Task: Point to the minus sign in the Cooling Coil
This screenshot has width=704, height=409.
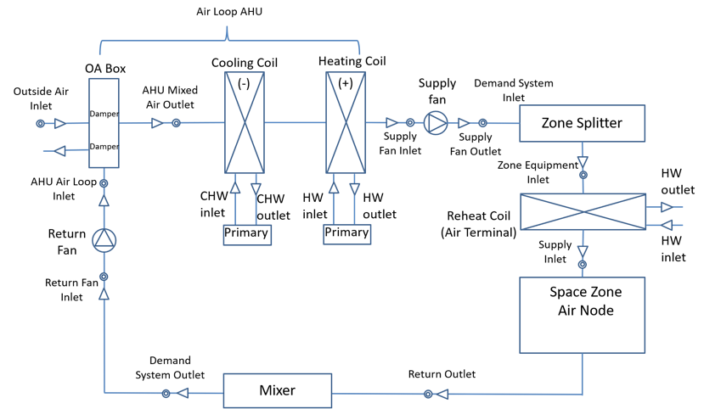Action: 244,83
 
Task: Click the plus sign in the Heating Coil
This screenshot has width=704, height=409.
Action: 346,83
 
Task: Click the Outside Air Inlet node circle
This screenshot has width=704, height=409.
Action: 41,123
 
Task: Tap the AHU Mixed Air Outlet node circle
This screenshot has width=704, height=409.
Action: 177,123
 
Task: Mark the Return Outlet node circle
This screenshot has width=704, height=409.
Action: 428,395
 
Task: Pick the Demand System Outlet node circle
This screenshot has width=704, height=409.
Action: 166,394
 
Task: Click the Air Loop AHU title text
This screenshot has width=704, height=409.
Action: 229,12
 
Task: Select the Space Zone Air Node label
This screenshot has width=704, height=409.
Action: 585,301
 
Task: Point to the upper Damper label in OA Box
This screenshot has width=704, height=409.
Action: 104,114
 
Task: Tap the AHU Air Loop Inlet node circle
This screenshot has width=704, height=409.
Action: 104,183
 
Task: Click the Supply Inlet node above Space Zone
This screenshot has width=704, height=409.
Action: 583,265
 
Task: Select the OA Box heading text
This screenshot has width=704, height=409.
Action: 105,69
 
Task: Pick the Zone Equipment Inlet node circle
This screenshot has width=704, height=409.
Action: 583,175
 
